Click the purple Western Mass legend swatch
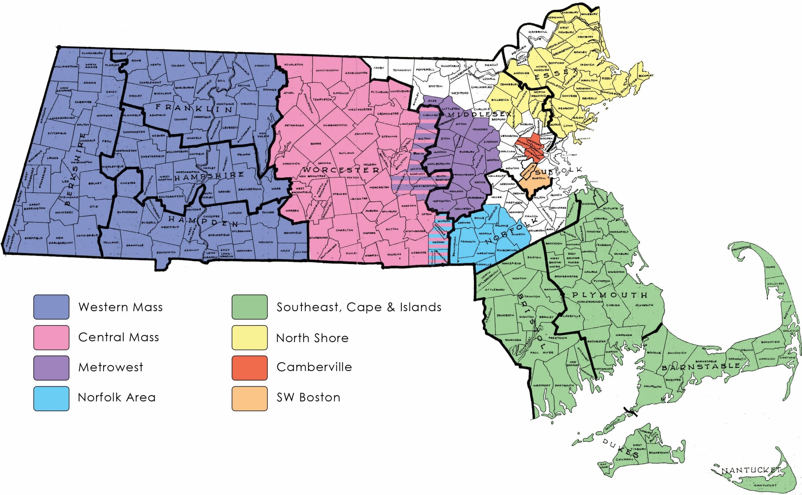tap(51, 307)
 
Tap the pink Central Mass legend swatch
tap(51, 337)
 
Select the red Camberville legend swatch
tap(249, 368)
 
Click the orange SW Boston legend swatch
tap(249, 398)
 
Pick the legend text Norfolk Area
tap(117, 397)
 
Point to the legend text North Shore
tap(312, 338)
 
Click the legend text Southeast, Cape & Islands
tap(359, 307)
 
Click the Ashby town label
tap(379, 68)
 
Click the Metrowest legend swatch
tap(51, 368)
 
